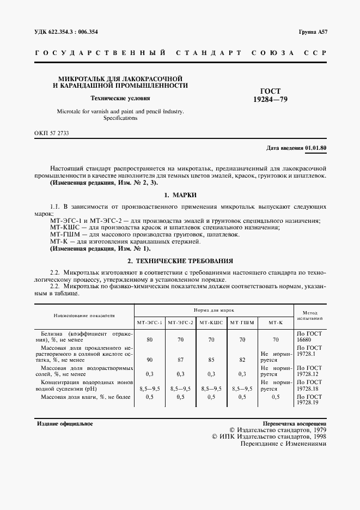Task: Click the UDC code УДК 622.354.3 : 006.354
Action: [64, 32]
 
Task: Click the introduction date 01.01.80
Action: [316, 148]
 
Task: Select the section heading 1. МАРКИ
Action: [180, 195]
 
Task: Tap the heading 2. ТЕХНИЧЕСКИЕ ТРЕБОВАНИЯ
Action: [180, 260]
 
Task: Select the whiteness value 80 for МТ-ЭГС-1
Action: [150, 339]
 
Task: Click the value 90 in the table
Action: [150, 359]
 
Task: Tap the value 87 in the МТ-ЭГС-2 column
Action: [180, 359]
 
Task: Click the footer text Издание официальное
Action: [64, 423]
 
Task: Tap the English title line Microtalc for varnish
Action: [120, 112]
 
